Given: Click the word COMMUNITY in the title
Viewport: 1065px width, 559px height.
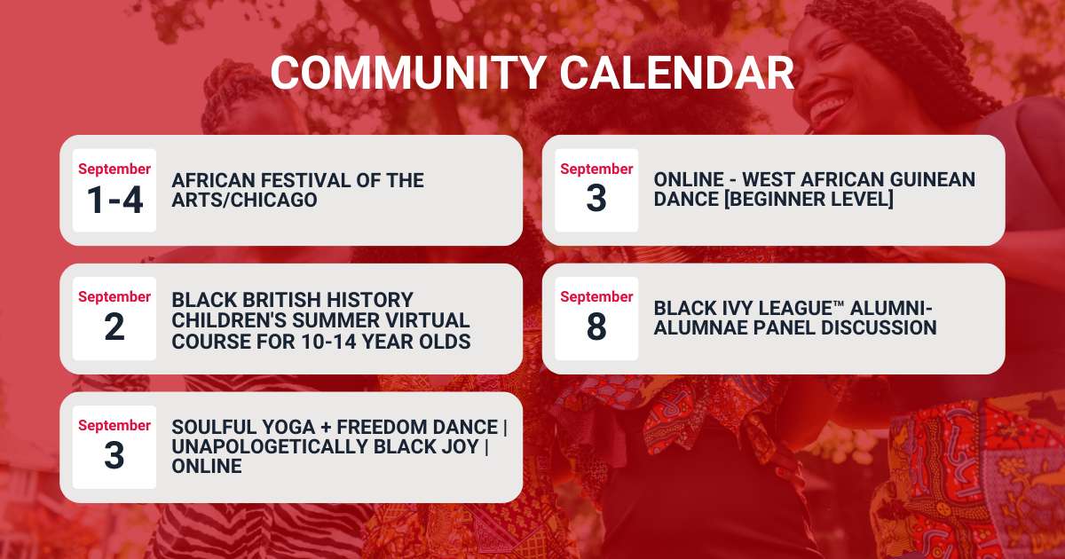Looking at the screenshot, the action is [408, 72].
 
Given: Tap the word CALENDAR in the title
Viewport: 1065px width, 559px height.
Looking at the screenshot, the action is [677, 72].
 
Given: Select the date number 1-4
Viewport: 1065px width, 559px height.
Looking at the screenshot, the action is [115, 200].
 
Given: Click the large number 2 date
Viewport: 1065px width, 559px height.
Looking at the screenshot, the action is [114, 327].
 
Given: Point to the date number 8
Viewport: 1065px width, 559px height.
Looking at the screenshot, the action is [596, 327].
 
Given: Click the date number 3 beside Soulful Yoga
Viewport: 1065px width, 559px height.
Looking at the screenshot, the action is [114, 455].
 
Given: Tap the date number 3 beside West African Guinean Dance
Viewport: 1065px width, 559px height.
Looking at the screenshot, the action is [596, 198].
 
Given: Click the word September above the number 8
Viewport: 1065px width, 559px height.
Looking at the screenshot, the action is [596, 296].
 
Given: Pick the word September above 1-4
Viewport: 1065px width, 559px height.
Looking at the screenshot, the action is [114, 169].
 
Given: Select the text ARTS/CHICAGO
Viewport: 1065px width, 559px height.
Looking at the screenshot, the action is [244, 200].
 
